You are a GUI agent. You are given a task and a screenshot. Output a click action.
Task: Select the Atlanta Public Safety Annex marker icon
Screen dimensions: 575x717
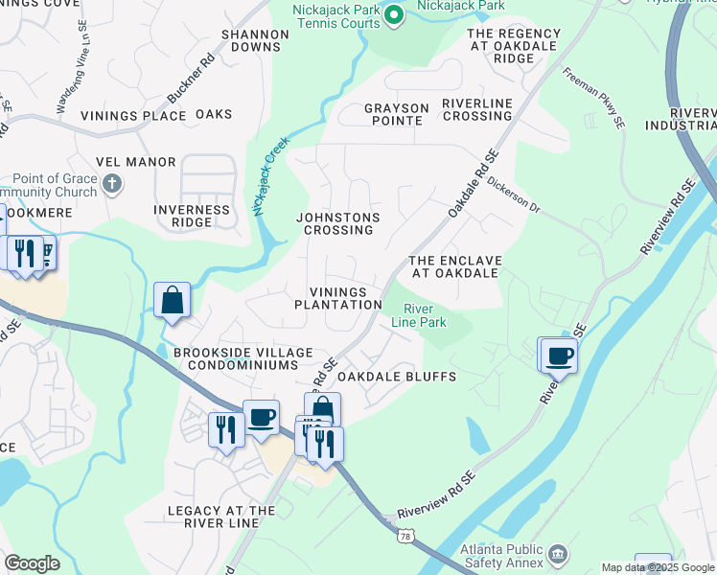pyautogui.click(x=557, y=553)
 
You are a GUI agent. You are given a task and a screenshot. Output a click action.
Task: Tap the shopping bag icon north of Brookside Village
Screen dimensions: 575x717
pyautogui.click(x=173, y=300)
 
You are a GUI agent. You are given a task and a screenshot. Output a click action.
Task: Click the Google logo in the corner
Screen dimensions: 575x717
pyautogui.click(x=32, y=563)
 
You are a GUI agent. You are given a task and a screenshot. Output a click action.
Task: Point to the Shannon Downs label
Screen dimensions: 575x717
pyautogui.click(x=255, y=40)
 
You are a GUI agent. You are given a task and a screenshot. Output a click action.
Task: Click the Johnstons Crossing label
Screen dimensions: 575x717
pyautogui.click(x=338, y=223)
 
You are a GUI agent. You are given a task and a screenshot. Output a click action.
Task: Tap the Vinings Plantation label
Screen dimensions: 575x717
pyautogui.click(x=338, y=298)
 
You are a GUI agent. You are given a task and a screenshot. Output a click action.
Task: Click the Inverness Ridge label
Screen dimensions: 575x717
pyautogui.click(x=193, y=216)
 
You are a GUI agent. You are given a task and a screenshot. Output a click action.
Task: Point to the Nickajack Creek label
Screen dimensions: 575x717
pyautogui.click(x=270, y=176)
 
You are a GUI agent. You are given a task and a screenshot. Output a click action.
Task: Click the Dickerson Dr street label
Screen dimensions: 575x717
pyautogui.click(x=513, y=195)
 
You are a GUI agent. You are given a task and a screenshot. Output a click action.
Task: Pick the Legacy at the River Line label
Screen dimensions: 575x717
pyautogui.click(x=221, y=517)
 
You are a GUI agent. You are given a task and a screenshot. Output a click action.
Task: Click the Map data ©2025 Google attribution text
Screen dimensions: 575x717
pyautogui.click(x=658, y=567)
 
